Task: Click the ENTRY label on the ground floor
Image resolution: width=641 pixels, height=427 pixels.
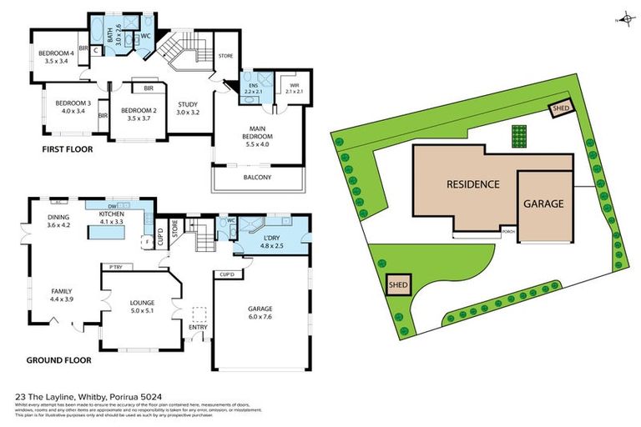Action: (199, 327)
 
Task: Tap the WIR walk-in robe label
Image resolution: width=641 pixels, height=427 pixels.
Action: (294, 88)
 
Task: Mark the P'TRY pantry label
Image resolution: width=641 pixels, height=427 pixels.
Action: (111, 267)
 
